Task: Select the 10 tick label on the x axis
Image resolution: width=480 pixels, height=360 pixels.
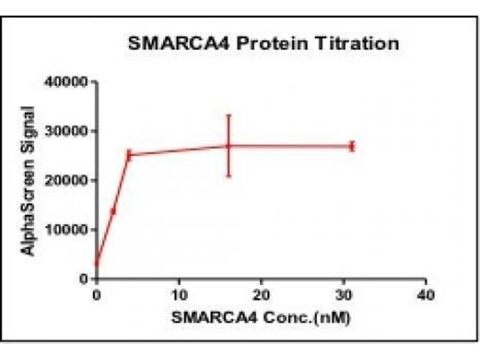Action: pos(178,295)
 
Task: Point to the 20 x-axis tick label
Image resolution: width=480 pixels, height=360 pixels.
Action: pos(260,295)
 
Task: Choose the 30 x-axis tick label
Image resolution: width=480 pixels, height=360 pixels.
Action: pos(343,295)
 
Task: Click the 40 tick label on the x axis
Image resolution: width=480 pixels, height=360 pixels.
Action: pos(425,295)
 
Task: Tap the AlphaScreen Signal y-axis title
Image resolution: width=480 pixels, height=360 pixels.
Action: pos(29,180)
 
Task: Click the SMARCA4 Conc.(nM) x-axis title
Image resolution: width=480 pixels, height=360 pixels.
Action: pos(260,317)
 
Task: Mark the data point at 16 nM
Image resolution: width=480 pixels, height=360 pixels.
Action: pos(229,146)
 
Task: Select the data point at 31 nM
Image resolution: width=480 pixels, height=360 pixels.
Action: pos(352,146)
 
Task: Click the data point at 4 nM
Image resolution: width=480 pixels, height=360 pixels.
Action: pos(129,155)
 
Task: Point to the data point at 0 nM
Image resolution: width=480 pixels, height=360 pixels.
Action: pos(96,264)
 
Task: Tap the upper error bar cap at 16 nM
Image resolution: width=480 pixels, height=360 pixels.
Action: pos(229,115)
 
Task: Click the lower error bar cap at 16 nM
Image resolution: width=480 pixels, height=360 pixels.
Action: pos(229,176)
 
